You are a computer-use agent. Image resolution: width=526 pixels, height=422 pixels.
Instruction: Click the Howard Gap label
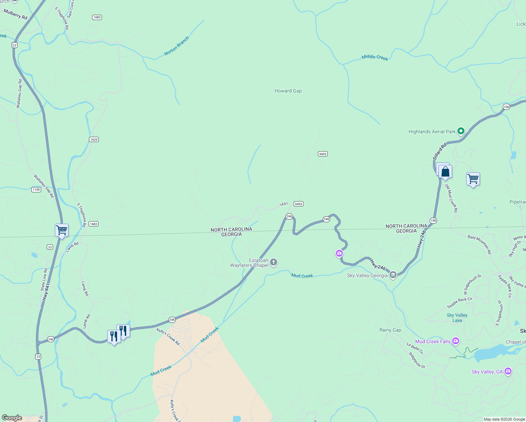tap(288, 91)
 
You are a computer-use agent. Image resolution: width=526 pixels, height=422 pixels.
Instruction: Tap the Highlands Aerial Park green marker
tap(461, 131)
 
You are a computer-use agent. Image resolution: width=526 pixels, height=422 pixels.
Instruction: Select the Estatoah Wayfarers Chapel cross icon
tap(274, 262)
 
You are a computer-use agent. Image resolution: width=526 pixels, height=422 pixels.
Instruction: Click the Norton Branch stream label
tap(177, 46)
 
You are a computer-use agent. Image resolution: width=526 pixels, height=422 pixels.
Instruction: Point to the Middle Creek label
tap(375, 57)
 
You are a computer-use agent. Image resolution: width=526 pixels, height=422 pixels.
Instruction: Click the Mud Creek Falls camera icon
tap(456, 341)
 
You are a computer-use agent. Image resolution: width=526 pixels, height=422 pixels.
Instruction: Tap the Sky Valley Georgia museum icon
tap(393, 275)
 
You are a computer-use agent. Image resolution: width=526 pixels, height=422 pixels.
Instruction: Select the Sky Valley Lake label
tap(457, 318)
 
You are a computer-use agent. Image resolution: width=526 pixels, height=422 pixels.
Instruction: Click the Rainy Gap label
tap(390, 330)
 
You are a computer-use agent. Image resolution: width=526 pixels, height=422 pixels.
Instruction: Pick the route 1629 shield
tap(94, 140)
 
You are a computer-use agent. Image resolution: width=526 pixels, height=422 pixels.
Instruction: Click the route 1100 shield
tap(36, 190)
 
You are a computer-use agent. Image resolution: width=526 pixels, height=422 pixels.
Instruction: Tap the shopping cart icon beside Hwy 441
tap(62, 230)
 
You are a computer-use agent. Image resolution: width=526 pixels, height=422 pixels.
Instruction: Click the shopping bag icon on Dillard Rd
tap(445, 172)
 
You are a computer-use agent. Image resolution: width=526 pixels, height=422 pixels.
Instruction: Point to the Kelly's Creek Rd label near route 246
tap(168, 337)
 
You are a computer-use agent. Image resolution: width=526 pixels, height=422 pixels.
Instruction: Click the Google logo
tap(12, 418)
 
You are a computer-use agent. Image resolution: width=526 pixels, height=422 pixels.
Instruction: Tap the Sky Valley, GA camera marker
tap(508, 371)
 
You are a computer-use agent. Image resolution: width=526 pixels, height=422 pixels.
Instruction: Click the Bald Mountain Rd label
tap(479, 244)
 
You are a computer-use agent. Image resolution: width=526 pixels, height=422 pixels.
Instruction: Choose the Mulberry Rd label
tap(15, 14)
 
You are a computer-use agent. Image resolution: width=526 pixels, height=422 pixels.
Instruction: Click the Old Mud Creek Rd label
tap(451, 198)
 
